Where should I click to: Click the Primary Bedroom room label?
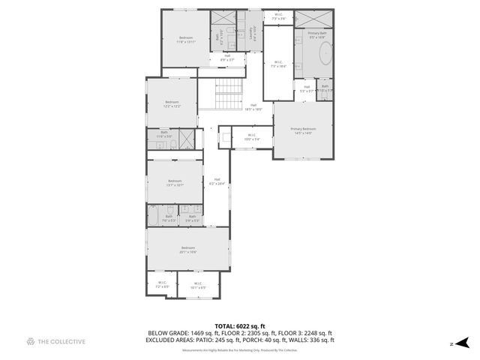coord(304,130)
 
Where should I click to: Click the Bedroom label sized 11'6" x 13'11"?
coord(185,40)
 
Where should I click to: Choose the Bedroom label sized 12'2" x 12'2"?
coord(172,103)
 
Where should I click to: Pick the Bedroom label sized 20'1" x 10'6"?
coord(187,250)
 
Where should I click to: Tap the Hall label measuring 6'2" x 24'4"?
coord(217,181)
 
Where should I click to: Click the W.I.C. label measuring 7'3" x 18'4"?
coord(278,64)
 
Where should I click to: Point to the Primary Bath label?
coord(317,34)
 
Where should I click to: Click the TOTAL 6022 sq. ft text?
coord(239,326)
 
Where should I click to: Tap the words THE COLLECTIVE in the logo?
coord(61,342)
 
